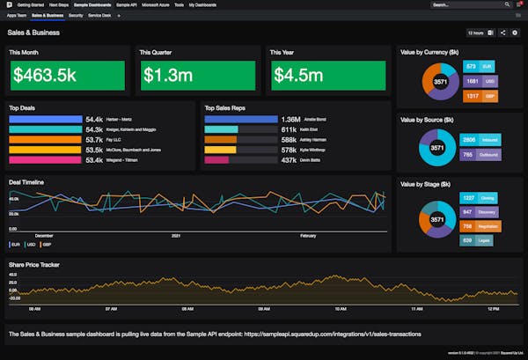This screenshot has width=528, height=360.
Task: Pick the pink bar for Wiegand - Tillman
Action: tap(45, 160)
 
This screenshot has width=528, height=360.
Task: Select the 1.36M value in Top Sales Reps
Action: tap(290, 118)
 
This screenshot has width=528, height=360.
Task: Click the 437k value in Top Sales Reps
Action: tap(289, 160)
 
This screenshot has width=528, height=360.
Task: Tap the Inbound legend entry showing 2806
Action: tap(481, 140)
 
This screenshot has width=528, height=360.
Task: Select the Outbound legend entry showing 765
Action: tap(481, 155)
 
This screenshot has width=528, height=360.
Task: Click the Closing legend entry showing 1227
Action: tap(481, 198)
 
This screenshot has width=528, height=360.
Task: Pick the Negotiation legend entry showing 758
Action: tap(481, 226)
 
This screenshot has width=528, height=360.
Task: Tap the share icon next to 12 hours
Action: tap(502, 33)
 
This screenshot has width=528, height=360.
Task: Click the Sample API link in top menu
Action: tap(127, 4)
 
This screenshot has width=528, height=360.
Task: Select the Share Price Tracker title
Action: tap(34, 264)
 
